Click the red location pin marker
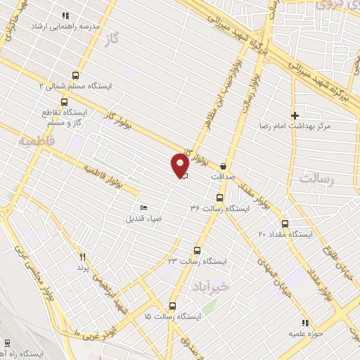[x=179, y=165]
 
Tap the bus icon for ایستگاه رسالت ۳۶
[x=219, y=198]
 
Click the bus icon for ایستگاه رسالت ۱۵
[x=172, y=306]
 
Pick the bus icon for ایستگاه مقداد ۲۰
[x=284, y=224]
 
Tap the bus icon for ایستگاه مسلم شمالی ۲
[x=76, y=75]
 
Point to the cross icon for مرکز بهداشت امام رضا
[x=295, y=115]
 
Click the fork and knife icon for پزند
[x=82, y=257]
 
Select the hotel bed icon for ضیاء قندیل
[x=144, y=207]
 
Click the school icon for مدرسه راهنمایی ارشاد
[x=66, y=15]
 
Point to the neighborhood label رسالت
[x=314, y=179]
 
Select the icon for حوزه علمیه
[x=296, y=324]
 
